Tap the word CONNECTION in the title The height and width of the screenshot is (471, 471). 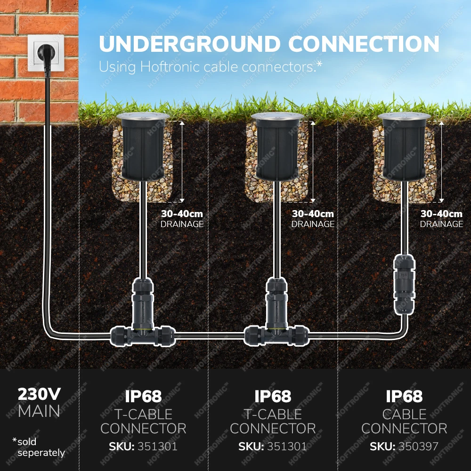tap(364, 44)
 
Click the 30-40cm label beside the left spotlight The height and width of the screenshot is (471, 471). tap(182, 214)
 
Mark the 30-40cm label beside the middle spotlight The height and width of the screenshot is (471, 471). tap(313, 214)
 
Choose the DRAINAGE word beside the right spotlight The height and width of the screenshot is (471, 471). tap(441, 224)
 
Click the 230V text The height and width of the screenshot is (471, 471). tap(39, 394)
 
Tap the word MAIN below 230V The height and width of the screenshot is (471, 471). tap(39, 412)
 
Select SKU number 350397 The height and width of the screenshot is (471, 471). tap(419, 447)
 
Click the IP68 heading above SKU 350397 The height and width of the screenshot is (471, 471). tap(405, 397)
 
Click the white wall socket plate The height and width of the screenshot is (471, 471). tap(46, 52)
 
